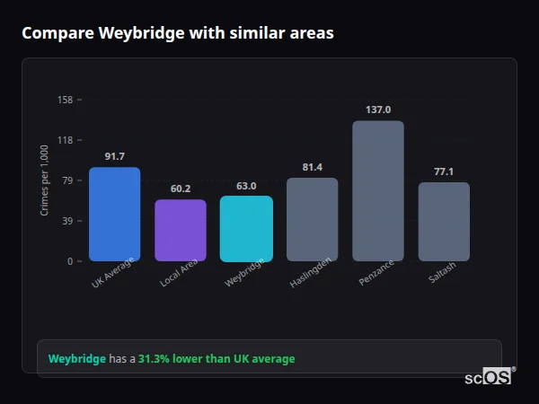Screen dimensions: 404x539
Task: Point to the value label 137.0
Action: (378, 110)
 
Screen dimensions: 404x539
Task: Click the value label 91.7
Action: (114, 156)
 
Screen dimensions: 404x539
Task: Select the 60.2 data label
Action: (181, 189)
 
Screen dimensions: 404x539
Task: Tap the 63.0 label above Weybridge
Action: (246, 186)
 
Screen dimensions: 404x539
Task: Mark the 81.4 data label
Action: (312, 167)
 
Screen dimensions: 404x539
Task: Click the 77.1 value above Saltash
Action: (444, 171)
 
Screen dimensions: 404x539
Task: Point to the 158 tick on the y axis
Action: (65, 100)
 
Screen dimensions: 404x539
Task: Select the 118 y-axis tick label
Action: (65, 140)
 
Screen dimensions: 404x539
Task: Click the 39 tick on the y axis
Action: (67, 221)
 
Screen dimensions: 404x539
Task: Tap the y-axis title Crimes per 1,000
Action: (45, 180)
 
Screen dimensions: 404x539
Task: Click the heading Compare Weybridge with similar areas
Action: (178, 33)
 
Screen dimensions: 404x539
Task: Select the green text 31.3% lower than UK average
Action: (216, 359)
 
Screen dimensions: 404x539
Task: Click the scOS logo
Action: (489, 377)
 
